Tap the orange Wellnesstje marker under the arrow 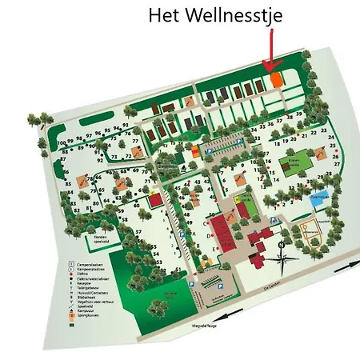[275, 79]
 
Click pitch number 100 [62, 142]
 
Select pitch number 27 [336, 163]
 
